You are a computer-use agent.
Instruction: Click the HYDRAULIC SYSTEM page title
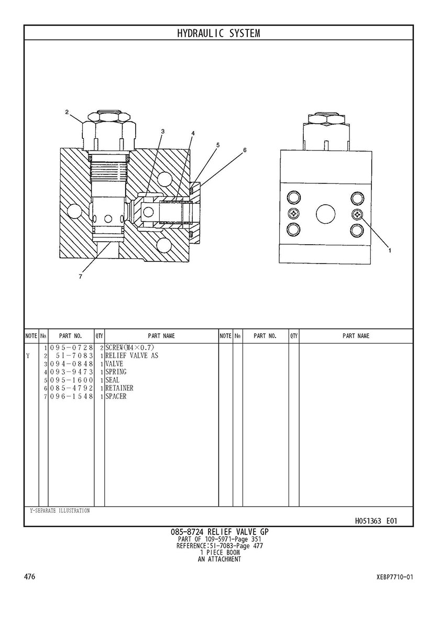218,33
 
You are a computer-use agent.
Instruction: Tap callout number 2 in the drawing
67,112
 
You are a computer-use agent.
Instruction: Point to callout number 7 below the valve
80,277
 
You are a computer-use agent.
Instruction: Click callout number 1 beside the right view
390,250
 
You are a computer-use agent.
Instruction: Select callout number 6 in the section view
244,150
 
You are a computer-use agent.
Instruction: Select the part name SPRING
116,372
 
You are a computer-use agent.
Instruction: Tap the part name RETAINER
119,388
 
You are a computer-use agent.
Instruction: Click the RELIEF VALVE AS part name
131,356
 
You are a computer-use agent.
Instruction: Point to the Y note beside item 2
27,356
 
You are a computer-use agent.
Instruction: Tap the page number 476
29,577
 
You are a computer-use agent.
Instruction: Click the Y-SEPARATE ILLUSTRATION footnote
59,511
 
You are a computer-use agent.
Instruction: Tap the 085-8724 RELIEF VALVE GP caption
219,532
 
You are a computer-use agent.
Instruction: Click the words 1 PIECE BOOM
219,552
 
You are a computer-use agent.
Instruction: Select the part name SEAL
113,380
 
